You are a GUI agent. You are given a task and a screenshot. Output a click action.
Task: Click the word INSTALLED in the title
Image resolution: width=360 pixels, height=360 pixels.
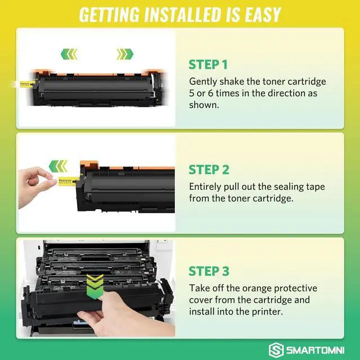click(x=182, y=15)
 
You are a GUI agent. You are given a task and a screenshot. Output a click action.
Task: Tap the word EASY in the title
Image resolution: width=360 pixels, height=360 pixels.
click(x=263, y=15)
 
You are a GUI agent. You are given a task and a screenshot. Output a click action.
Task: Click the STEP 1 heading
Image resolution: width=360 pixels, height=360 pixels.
click(x=208, y=65)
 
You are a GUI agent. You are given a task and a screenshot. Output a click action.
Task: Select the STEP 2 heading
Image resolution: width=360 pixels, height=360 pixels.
click(x=209, y=169)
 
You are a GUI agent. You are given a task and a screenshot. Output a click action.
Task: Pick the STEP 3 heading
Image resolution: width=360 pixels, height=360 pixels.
click(x=209, y=271)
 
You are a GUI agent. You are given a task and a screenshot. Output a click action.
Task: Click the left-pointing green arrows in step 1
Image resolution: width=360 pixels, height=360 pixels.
click(x=69, y=54)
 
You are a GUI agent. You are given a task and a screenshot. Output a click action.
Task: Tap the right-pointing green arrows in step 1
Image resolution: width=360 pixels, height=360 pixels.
click(x=125, y=54)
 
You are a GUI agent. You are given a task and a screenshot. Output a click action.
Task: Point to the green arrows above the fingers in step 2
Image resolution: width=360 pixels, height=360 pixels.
click(x=58, y=166)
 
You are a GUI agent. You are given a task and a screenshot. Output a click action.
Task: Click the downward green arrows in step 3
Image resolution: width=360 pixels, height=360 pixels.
click(x=95, y=286)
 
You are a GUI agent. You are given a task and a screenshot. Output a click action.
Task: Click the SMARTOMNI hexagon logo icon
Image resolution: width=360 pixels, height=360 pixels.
click(x=276, y=350)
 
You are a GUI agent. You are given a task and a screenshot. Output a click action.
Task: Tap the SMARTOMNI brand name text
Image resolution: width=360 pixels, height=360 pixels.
click(x=315, y=350)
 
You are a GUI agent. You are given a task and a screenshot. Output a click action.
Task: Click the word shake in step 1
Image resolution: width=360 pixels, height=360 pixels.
click(x=231, y=82)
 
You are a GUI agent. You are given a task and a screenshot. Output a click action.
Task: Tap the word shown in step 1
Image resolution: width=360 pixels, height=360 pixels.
click(x=204, y=105)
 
